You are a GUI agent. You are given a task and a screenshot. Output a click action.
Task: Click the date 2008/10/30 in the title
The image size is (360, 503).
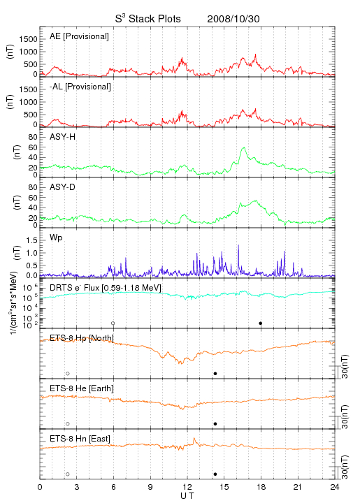233,19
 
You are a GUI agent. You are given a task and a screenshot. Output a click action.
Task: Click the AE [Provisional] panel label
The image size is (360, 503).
79,36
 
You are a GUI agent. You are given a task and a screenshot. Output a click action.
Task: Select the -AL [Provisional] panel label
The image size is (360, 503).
80,87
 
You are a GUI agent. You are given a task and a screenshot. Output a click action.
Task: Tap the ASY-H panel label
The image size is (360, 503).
62,137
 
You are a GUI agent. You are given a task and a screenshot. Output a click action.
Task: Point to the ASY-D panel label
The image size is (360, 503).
62,187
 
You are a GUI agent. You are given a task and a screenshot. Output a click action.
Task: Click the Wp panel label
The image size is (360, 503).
56,238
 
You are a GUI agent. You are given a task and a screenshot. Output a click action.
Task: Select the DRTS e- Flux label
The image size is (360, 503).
106,288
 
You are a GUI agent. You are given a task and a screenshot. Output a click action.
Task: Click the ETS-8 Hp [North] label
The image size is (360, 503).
82,338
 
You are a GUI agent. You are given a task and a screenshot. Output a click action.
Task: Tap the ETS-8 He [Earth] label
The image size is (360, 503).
82,388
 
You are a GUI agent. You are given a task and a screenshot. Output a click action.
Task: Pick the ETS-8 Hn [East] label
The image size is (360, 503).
80,439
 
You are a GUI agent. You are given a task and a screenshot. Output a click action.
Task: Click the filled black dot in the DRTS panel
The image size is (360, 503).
261,323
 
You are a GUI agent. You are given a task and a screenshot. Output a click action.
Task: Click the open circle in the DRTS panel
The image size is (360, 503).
113,323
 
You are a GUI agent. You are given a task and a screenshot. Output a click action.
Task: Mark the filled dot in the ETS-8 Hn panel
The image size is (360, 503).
215,474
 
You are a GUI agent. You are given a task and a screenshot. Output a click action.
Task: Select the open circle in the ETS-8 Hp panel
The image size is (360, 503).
68,373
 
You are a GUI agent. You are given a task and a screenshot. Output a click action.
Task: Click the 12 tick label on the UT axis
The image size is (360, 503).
187,487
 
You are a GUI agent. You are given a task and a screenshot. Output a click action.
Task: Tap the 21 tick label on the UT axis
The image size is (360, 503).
298,487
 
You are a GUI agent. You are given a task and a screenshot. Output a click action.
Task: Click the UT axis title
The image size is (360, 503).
187,496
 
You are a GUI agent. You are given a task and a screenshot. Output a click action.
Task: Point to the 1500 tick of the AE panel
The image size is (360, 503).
28,39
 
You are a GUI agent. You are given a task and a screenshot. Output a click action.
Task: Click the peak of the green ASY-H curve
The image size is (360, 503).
244,147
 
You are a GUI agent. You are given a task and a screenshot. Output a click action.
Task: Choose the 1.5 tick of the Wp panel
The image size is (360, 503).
31,240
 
